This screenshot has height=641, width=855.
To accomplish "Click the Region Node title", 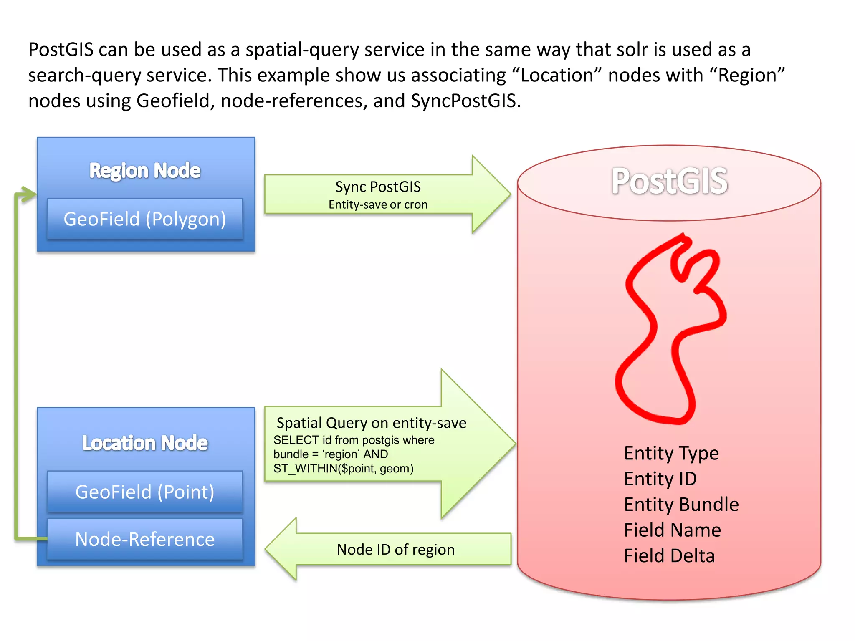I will pos(145,171).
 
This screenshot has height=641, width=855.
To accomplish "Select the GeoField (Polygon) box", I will pos(145,219).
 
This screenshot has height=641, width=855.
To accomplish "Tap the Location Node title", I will pos(145,443).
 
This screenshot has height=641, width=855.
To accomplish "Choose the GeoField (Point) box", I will pos(145,492).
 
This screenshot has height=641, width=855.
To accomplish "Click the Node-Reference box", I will pos(145,539).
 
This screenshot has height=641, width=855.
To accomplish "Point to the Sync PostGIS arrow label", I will pos(378,187).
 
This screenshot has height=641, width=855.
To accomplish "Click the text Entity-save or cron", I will pos(378,204).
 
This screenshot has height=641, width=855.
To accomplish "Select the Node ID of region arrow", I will pos(395,550).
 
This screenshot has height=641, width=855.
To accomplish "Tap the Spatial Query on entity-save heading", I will pos(371,423).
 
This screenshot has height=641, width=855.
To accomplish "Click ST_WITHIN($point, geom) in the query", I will pos(343,469).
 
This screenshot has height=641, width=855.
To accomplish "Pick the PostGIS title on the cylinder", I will pos(670,181).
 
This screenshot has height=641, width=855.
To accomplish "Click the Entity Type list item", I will pos(671,453).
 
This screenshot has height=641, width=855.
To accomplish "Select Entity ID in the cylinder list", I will pos(660,479).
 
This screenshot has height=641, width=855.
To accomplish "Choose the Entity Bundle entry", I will pos(681,505).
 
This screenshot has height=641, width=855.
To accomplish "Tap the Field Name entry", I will pos(672,530).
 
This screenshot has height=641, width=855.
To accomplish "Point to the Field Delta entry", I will pos(669,556).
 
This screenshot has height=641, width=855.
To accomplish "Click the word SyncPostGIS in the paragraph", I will pos(463,101).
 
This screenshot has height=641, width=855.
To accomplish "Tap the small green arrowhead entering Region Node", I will pos(29,194).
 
